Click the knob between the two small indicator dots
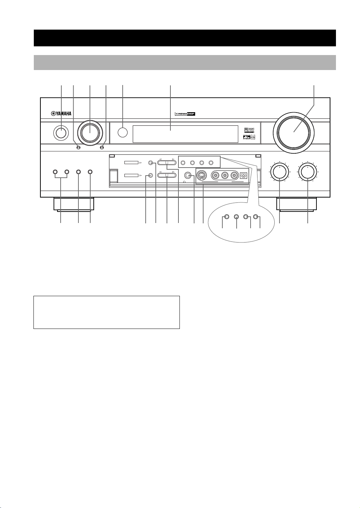90,132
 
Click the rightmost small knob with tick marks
308,171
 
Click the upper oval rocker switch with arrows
167,162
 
